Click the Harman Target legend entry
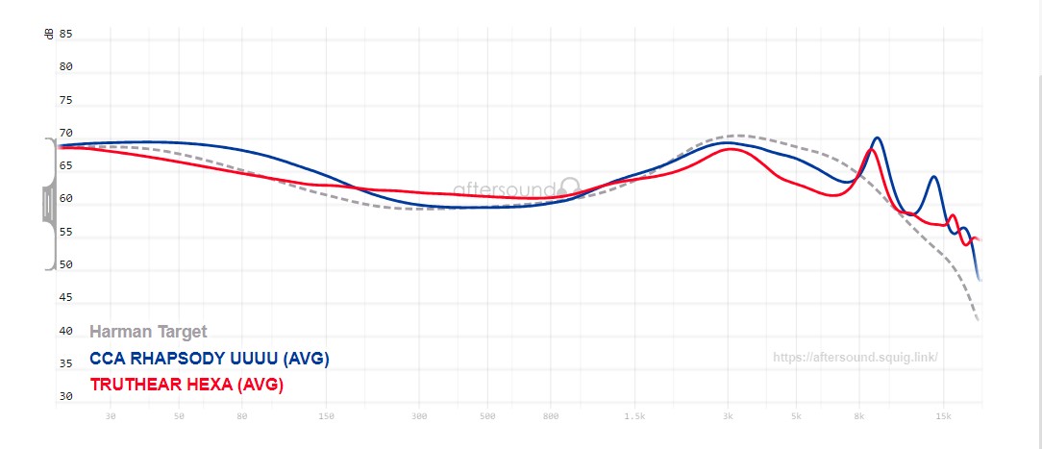(148, 332)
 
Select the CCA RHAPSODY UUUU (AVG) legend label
(210, 359)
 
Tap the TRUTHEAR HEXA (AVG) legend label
(186, 385)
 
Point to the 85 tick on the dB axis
(66, 34)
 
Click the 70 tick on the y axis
(66, 134)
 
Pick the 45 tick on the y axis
(66, 298)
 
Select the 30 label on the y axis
(66, 396)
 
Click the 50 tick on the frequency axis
(179, 416)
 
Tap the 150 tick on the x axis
(326, 416)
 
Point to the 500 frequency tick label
(487, 416)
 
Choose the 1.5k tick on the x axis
(634, 416)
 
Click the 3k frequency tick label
(729, 416)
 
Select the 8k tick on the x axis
(859, 416)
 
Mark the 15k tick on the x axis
(943, 416)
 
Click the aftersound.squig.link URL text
(855, 358)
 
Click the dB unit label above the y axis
(49, 34)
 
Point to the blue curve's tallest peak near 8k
(877, 138)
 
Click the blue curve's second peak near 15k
(933, 178)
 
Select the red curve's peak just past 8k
(871, 150)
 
